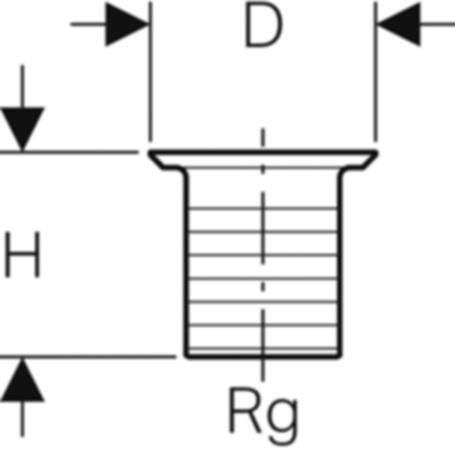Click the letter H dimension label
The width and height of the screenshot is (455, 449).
pos(22,254)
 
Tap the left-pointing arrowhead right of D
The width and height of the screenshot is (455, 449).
pos(400,25)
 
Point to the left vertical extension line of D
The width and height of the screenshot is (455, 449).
pos(150,76)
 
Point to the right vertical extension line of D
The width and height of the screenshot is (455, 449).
pos(376,76)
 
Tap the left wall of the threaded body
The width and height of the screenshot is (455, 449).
pos(187,265)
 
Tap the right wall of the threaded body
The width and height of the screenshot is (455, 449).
pos(340,265)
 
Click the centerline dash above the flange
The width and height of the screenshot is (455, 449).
pos(263,138)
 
